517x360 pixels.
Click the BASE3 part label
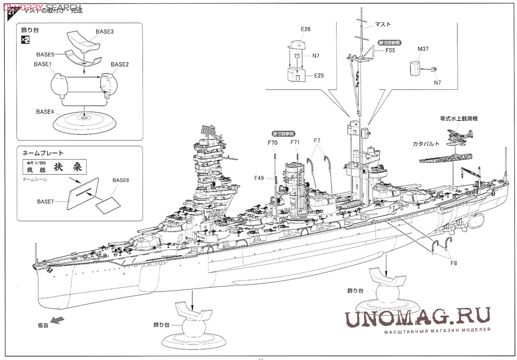(104, 31)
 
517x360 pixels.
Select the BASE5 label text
(45, 54)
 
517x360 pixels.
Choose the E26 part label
(305, 29)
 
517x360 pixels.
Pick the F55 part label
(390, 51)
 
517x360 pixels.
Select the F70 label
(272, 142)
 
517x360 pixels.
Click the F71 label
(295, 142)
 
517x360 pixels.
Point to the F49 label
(260, 178)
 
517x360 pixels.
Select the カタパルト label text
(426, 142)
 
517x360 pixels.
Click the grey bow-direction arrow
(57, 319)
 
